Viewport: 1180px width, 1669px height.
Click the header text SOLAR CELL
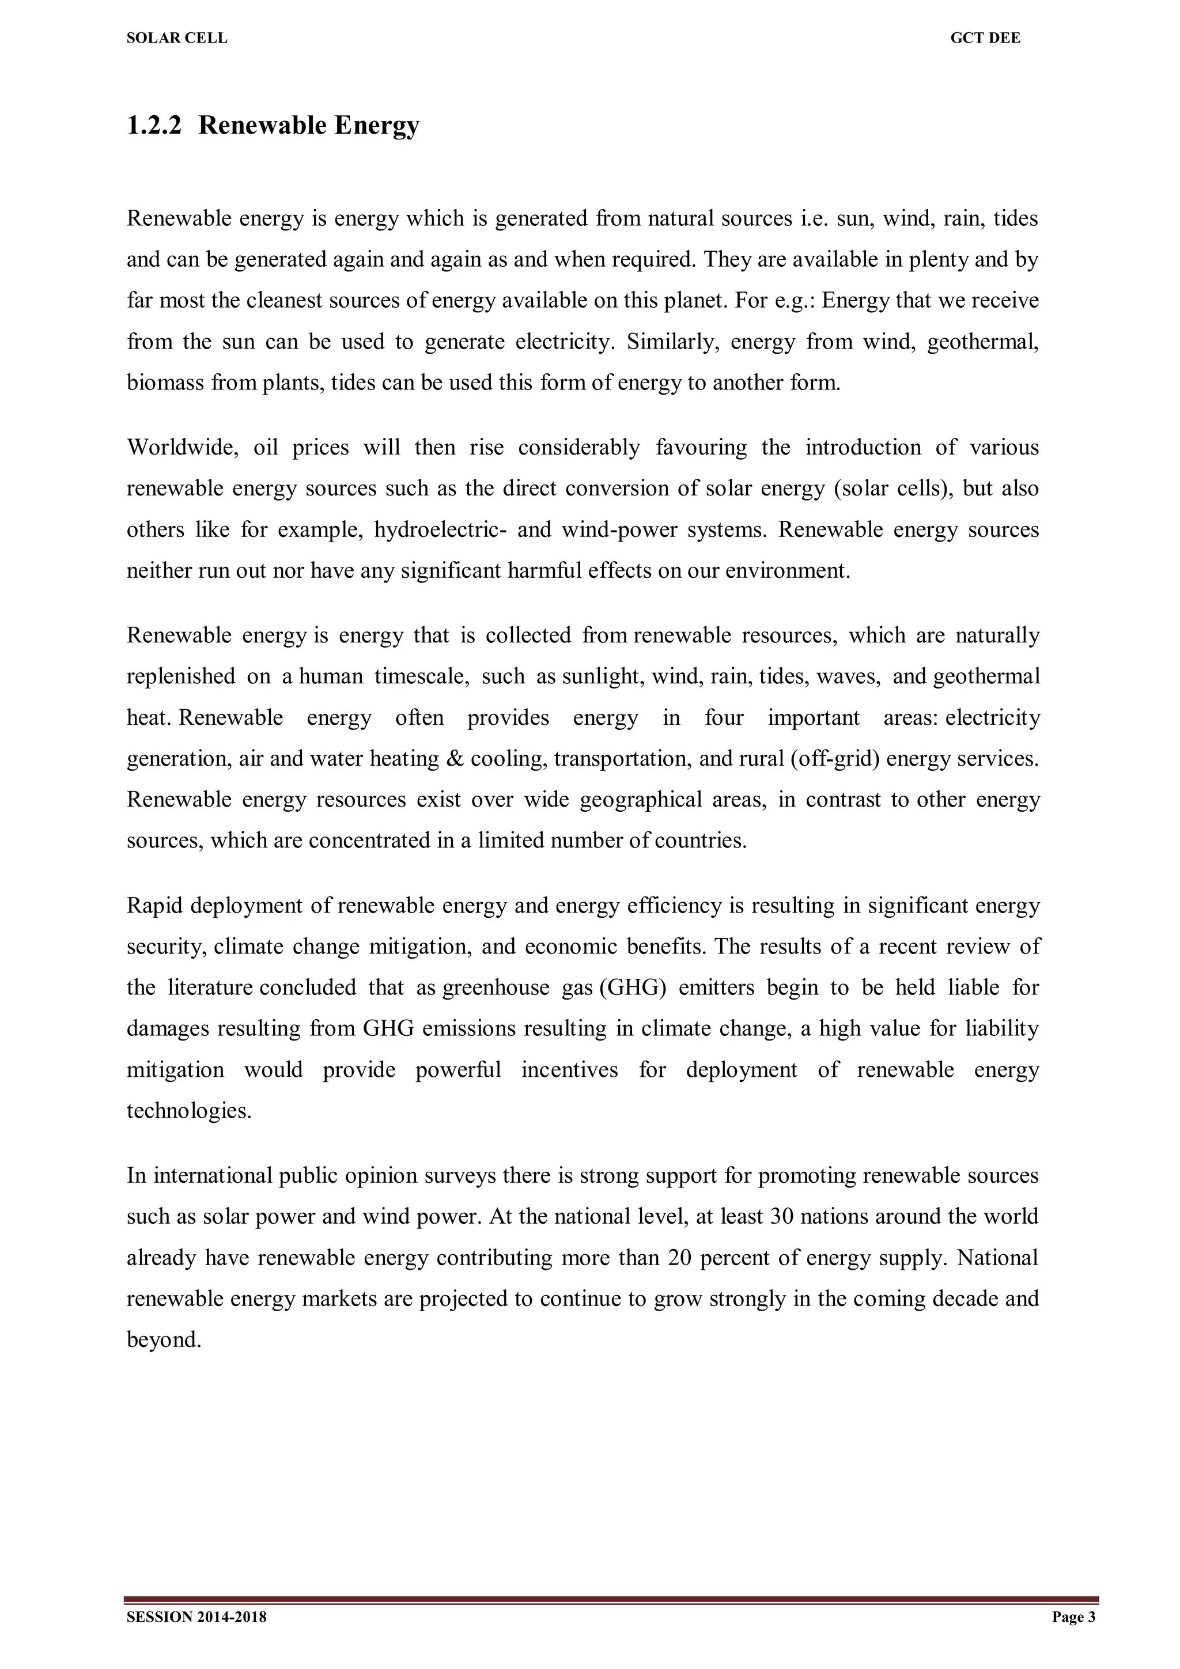(177, 39)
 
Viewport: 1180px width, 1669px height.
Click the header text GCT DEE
(985, 39)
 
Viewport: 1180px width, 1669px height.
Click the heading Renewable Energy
(309, 126)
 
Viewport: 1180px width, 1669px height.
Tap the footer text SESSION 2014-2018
(196, 1617)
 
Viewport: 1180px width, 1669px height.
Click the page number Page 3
(1074, 1617)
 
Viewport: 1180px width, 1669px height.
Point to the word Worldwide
(183, 447)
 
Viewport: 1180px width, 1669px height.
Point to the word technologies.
(189, 1111)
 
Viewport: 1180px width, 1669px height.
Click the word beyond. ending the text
(164, 1339)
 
